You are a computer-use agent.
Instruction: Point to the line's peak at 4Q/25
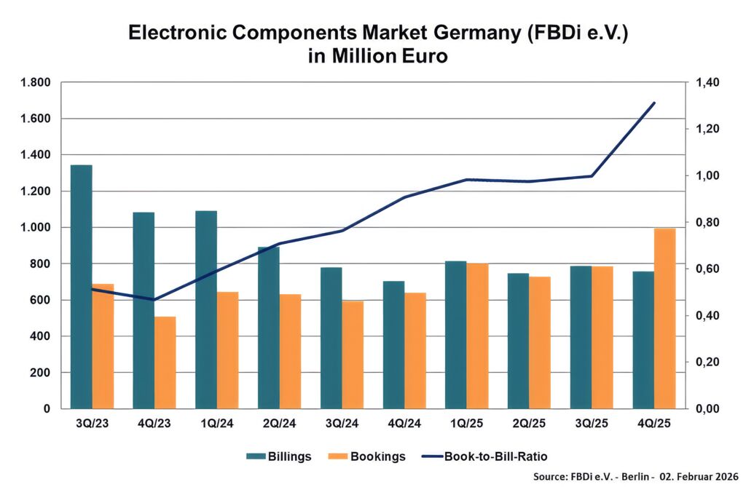(654, 103)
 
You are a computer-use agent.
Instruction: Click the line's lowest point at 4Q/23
(154, 299)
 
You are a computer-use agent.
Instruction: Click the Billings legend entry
(279, 456)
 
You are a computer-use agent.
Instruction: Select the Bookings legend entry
(370, 456)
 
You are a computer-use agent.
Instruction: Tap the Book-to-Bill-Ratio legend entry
(484, 456)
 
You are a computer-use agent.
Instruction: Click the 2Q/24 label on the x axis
(279, 423)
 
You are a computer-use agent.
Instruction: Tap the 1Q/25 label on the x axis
(467, 423)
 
